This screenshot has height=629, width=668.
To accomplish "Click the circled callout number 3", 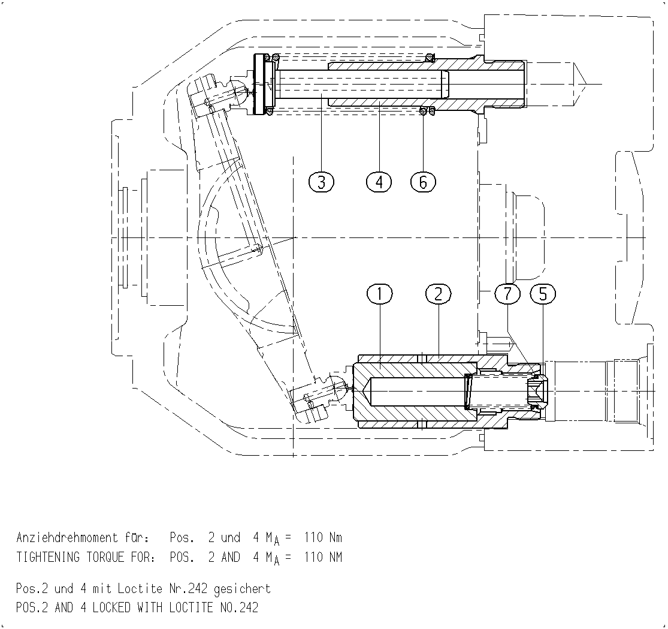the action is (x=321, y=182).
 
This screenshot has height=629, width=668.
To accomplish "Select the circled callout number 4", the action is (x=379, y=182).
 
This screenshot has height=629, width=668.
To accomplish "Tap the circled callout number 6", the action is (x=423, y=182).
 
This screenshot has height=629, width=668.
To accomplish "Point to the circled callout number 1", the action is (x=379, y=294).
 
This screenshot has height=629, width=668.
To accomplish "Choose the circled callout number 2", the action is (x=438, y=294).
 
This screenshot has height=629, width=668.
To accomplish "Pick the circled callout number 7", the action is (x=507, y=294).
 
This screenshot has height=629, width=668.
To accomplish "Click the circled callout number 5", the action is (x=543, y=294).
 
